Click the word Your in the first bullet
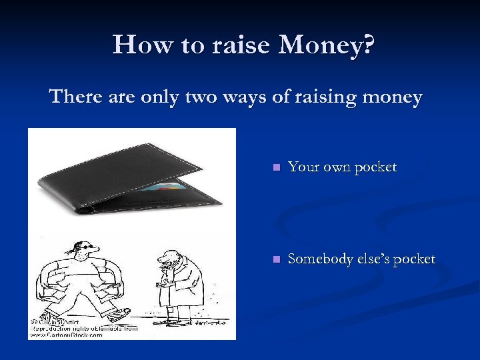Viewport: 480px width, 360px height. (302, 167)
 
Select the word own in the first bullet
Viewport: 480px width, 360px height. (335, 167)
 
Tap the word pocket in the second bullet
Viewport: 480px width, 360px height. (414, 260)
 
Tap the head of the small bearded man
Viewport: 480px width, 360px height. (171, 257)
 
